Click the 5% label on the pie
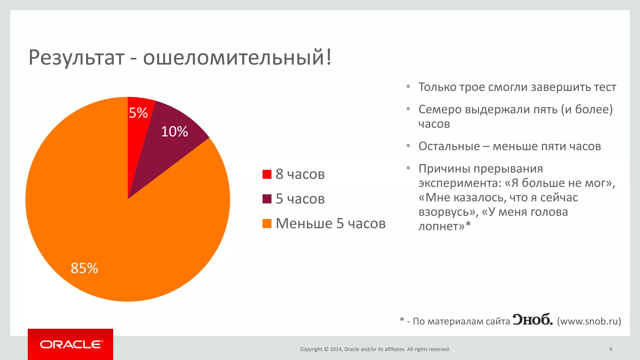click(x=138, y=113)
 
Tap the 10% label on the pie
click(x=174, y=132)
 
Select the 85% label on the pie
click(x=84, y=268)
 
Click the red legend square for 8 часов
click(x=267, y=174)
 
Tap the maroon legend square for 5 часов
click(x=267, y=199)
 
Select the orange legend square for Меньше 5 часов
click(x=267, y=224)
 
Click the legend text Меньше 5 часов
click(x=331, y=224)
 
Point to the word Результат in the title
click(x=77, y=58)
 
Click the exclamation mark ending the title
click(x=328, y=57)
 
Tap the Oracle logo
click(x=71, y=344)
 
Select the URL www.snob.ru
click(x=589, y=321)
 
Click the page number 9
click(x=610, y=349)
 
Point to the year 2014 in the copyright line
click(x=336, y=349)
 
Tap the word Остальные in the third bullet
click(x=449, y=146)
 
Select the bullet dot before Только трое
click(x=408, y=86)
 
